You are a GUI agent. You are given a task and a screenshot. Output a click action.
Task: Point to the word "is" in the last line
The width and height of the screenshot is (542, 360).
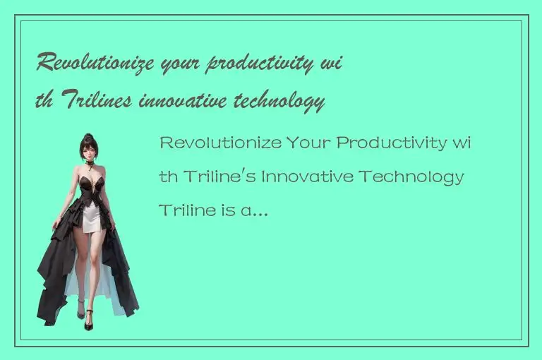click(226, 210)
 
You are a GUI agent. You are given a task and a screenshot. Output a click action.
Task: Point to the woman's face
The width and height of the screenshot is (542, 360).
click(90, 151)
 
